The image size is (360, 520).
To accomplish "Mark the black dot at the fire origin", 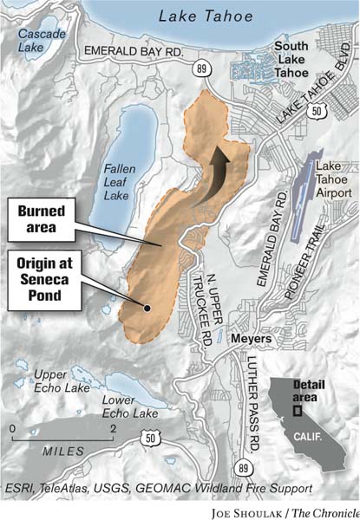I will point(147,307).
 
